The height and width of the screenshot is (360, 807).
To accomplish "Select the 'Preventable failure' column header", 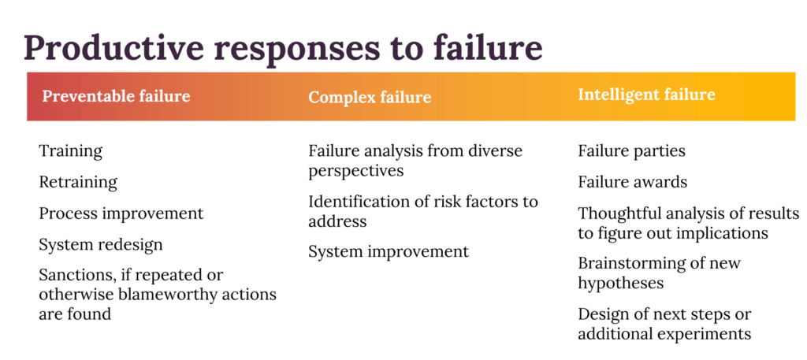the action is (117, 96).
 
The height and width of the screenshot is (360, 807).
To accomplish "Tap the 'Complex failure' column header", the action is (370, 97).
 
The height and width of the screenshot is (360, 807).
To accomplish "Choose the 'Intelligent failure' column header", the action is (646, 95).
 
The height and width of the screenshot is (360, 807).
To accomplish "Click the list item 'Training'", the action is (70, 152).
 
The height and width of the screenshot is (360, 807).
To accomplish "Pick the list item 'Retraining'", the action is (78, 183).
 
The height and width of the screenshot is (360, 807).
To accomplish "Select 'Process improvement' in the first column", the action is (121, 213).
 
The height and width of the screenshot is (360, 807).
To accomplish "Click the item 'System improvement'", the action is (389, 251).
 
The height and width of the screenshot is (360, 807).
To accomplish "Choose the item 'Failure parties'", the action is (631, 152).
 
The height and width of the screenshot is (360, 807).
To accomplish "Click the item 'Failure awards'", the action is (633, 182).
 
